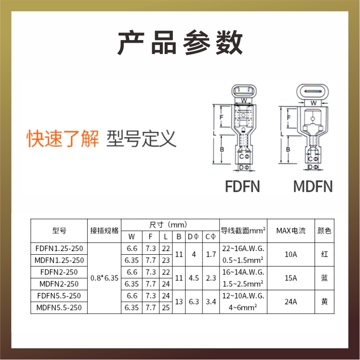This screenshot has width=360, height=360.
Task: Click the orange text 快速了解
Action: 63,139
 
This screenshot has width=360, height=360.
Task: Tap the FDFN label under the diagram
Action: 243,186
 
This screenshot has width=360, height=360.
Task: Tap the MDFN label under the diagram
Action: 313,186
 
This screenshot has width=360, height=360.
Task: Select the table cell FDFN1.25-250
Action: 59,248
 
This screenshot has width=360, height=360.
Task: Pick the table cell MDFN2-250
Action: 59,284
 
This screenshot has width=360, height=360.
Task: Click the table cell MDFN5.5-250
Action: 59,308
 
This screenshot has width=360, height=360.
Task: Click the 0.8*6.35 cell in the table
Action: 104,278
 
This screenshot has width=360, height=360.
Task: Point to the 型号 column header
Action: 59,231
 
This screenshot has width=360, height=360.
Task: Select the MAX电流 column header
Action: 291,231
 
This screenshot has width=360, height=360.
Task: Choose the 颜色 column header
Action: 324,231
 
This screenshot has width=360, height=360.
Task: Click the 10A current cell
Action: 291,254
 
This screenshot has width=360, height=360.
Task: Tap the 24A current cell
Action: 291,302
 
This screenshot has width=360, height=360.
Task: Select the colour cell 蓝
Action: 324,278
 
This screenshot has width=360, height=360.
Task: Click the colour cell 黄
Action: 324,302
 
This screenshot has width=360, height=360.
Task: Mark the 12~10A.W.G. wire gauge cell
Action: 243,296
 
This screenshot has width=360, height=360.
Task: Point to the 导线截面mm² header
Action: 243,231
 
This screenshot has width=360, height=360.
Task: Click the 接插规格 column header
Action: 104,230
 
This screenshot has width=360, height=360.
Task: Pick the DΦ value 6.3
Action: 193,302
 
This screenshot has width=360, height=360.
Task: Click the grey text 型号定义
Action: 141,139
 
